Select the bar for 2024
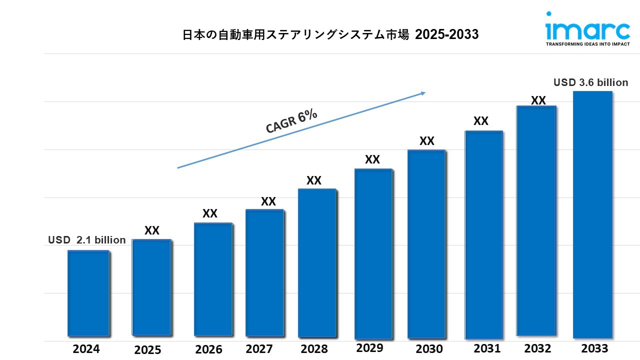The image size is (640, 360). tap(88, 293)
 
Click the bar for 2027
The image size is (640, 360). tap(265, 273)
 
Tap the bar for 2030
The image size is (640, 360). tap(426, 244)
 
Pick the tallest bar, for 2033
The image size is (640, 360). tap(592, 215)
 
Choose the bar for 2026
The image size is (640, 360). tap(213, 279)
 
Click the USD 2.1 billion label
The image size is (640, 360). tap(87, 240)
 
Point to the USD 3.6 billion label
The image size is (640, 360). tap(590, 82)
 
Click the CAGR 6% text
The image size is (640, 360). tap(291, 121)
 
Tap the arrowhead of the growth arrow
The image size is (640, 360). tap(422, 92)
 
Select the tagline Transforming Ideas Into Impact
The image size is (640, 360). tap(587, 44)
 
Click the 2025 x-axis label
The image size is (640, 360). tap(147, 350)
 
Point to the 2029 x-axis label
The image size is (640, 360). tap(369, 348)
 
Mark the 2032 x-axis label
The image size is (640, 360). tap(537, 348)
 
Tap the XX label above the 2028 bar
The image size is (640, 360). tap(314, 180)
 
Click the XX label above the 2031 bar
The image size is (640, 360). tap(480, 121)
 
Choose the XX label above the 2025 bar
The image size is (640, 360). tap(152, 230)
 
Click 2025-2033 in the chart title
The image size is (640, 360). tap(446, 34)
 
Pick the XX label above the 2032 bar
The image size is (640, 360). tap(538, 100)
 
